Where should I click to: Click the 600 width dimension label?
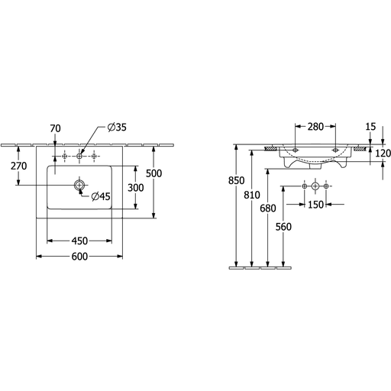point(79,257)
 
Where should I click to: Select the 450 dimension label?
point(79,241)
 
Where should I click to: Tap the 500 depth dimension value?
point(153,173)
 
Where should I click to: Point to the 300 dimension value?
point(136,188)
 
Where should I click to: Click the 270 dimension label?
point(19,166)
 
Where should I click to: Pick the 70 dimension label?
point(55,128)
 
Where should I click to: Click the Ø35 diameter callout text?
point(117,127)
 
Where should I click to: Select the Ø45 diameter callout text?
point(101,196)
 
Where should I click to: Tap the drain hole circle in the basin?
point(79,185)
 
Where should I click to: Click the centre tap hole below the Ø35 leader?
point(79,156)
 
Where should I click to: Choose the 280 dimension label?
point(315,127)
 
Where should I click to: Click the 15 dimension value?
point(370,127)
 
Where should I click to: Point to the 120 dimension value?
point(383,153)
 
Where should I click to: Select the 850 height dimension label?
point(236,180)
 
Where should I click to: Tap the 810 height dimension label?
point(252,195)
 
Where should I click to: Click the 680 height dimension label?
point(268,208)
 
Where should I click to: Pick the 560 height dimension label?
point(283,227)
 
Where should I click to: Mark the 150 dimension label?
point(315,205)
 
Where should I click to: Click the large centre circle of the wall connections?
point(315,186)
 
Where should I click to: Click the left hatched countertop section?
point(271,148)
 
